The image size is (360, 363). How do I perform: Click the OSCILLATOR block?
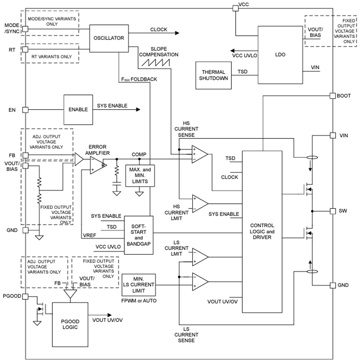tap(109, 38)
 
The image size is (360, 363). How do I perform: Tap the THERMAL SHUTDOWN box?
tap(213, 75)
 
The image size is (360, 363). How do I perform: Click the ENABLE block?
tap(78, 110)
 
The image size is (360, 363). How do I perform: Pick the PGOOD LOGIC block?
tap(70, 324)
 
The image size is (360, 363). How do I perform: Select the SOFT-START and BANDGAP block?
tap(139, 235)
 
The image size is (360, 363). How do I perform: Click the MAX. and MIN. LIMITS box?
tap(140, 175)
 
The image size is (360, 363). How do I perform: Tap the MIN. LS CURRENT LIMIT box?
tap(138, 284)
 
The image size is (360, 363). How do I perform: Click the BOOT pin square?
tap(333, 96)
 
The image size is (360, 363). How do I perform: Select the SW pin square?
tap(333, 211)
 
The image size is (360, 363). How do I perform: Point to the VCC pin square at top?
tap(235, 8)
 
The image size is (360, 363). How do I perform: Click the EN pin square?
tap(25, 110)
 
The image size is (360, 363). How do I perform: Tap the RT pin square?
tap(25, 49)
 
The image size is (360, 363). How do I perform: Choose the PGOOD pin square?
tap(25, 296)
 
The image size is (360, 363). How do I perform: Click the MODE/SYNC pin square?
tap(25, 29)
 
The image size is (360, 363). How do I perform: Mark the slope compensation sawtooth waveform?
tap(155, 62)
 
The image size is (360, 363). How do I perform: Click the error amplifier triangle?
tap(96, 165)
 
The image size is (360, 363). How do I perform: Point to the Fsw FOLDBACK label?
tap(139, 80)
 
